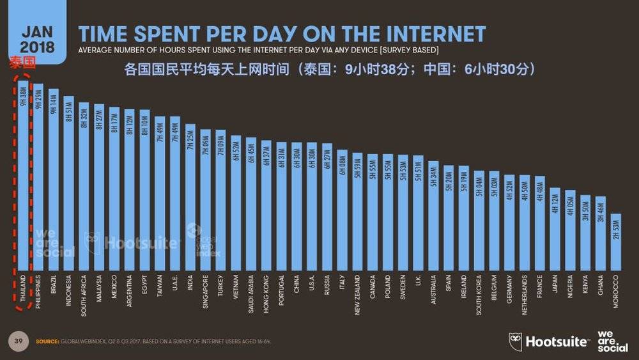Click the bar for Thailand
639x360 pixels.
point(23,179)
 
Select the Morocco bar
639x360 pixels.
point(616,243)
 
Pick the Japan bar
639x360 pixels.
point(555,230)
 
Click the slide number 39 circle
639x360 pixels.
point(19,341)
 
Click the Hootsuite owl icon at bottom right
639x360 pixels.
point(516,341)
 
